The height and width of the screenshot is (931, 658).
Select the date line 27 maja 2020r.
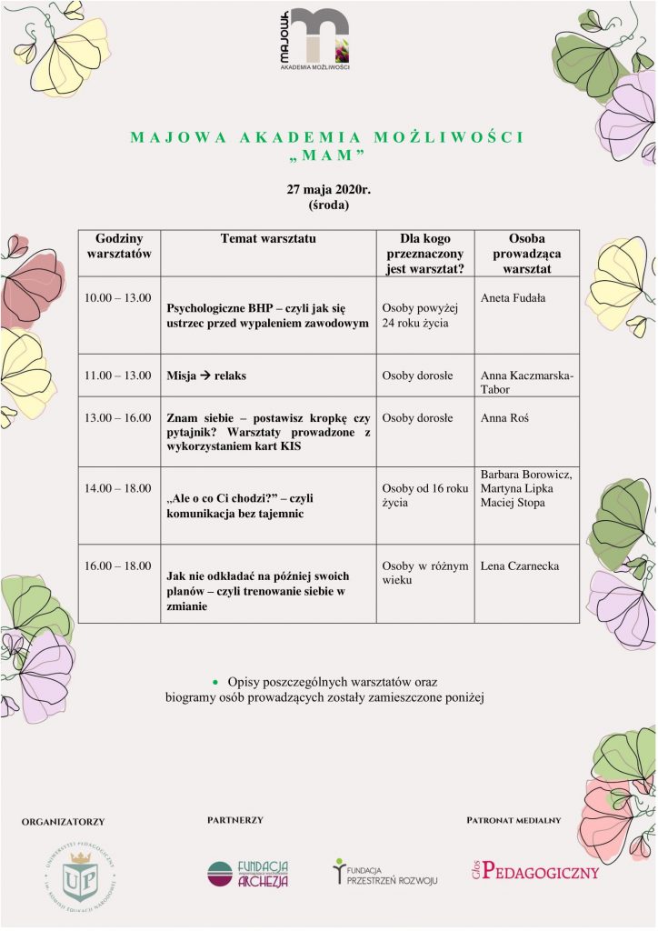click(328, 189)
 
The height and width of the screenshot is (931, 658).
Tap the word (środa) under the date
click(328, 205)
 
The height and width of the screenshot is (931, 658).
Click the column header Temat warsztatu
click(268, 238)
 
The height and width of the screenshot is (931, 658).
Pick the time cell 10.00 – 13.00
click(118, 298)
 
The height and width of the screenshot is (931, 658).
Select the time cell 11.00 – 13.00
click(118, 375)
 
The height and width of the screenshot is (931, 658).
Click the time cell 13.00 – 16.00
click(118, 418)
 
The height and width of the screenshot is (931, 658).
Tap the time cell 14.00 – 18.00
click(118, 488)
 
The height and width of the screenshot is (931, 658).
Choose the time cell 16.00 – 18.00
click(118, 566)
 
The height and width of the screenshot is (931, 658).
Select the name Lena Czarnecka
click(520, 566)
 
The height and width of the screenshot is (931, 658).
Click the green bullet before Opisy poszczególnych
click(215, 681)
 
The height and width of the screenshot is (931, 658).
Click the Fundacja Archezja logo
click(248, 874)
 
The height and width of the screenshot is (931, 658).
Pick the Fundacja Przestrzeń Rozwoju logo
click(384, 873)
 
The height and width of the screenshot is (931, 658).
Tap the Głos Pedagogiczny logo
click(534, 871)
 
